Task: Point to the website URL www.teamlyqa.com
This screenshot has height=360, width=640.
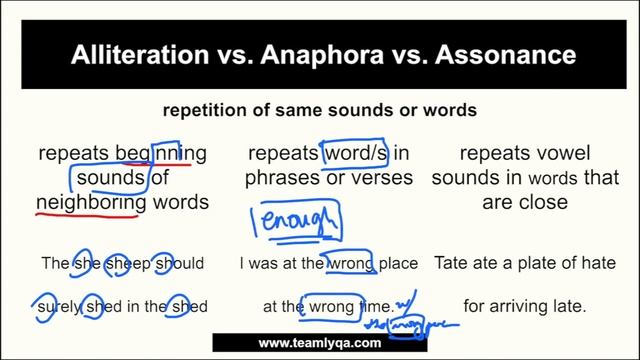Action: click(x=320, y=343)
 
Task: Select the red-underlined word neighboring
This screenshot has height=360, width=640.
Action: click(x=91, y=202)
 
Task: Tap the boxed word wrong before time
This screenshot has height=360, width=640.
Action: click(x=331, y=306)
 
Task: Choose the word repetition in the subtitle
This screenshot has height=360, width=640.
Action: click(x=202, y=109)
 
